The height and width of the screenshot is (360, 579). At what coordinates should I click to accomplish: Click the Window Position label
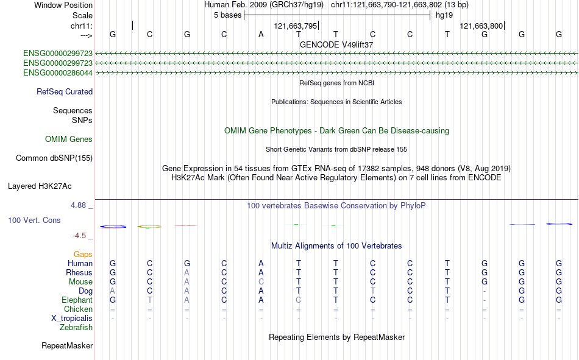(x=63, y=5)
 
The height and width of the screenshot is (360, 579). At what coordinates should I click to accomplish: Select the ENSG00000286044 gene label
(x=58, y=72)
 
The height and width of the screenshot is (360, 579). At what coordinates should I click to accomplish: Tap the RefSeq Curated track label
(x=65, y=91)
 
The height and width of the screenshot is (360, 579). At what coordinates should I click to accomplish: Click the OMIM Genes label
(x=69, y=139)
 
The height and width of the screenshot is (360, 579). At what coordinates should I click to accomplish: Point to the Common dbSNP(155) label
(x=54, y=158)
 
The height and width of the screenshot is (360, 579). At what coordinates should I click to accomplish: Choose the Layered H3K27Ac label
(x=40, y=186)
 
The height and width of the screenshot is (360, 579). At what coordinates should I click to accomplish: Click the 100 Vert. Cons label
(x=34, y=220)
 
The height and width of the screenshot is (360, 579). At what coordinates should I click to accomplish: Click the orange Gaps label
(x=83, y=254)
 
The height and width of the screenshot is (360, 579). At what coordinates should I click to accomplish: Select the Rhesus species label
(x=79, y=272)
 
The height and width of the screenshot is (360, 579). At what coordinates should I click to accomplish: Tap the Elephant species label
(x=77, y=300)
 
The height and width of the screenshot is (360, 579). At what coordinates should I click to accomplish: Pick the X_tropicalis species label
(x=72, y=319)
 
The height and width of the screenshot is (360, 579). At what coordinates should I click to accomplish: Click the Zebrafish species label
(x=76, y=328)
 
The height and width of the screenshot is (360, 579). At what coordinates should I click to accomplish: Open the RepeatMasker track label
(x=67, y=345)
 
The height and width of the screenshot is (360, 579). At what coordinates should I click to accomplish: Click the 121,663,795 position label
(x=296, y=26)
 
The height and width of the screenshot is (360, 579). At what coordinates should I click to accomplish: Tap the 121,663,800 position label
(x=481, y=26)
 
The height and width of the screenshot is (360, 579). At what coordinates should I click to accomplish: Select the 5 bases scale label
(x=227, y=15)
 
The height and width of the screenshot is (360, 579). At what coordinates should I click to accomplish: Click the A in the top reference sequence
(x=261, y=34)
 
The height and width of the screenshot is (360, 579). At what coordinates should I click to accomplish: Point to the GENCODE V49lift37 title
(x=336, y=44)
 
